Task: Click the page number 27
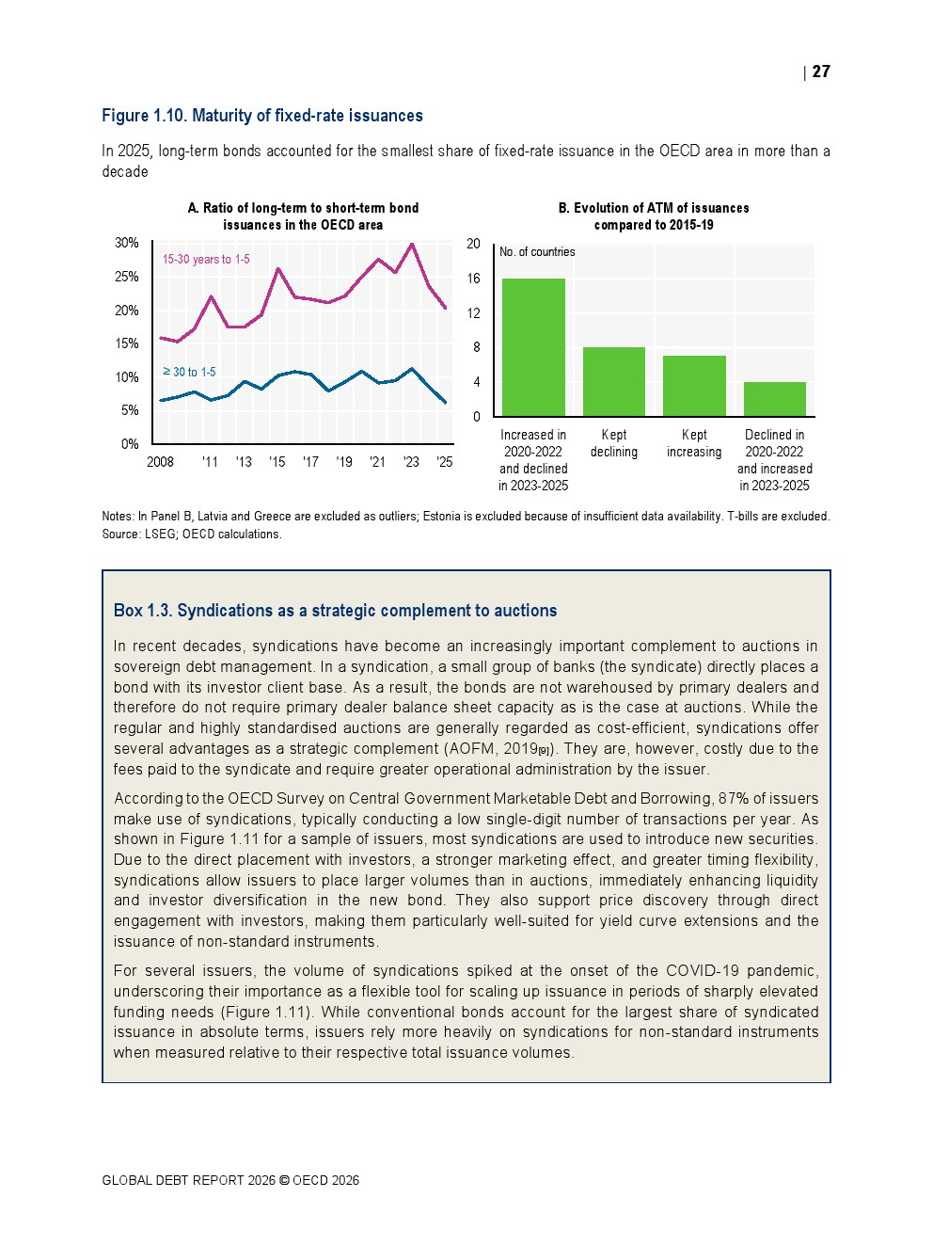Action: tap(821, 72)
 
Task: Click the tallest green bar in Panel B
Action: tap(533, 347)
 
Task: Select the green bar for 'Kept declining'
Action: tap(614, 381)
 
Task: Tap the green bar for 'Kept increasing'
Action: tap(694, 386)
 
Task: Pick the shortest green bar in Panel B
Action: tap(774, 399)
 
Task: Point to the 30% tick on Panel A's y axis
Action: tap(127, 243)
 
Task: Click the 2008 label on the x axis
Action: tap(161, 462)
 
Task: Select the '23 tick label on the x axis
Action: tap(411, 462)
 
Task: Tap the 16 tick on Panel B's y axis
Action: tap(473, 279)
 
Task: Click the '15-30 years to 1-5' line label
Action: tap(206, 260)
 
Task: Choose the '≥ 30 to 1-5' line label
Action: tap(189, 373)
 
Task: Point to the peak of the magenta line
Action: tap(412, 244)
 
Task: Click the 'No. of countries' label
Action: tap(537, 252)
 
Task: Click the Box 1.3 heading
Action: tap(335, 611)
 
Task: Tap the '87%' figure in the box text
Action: tap(734, 799)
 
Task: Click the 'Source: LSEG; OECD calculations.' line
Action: tap(192, 535)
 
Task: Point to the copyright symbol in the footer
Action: tap(284, 1180)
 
